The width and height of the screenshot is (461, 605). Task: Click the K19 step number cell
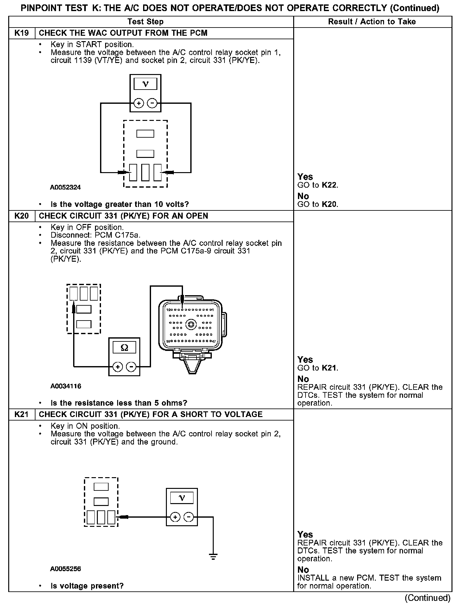click(x=22, y=33)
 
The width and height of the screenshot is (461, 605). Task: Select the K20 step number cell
click(x=22, y=216)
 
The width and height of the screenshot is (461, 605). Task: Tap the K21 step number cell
click(x=22, y=414)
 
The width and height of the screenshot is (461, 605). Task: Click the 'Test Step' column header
click(x=145, y=22)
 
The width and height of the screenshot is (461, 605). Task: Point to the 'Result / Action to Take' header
click(x=372, y=22)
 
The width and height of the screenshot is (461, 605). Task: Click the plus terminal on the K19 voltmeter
click(x=139, y=103)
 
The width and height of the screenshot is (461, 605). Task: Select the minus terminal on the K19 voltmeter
click(x=152, y=103)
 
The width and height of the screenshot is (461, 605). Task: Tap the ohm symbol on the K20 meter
click(x=124, y=348)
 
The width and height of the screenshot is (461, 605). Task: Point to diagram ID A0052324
click(x=65, y=187)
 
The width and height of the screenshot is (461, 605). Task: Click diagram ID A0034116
click(x=66, y=386)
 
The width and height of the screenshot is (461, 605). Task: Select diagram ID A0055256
click(x=65, y=569)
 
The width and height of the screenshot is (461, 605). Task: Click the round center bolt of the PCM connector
click(x=191, y=325)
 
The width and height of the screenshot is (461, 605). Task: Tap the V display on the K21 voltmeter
click(x=182, y=498)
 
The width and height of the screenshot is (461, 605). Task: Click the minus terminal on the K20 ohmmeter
click(x=131, y=367)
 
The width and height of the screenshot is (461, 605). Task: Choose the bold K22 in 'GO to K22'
click(x=330, y=185)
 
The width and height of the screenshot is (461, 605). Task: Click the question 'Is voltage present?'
click(x=87, y=586)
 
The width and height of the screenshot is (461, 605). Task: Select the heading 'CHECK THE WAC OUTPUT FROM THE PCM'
click(x=123, y=33)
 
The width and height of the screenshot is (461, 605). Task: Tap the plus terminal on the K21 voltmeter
click(x=175, y=517)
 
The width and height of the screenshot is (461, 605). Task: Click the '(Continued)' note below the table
click(x=427, y=597)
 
